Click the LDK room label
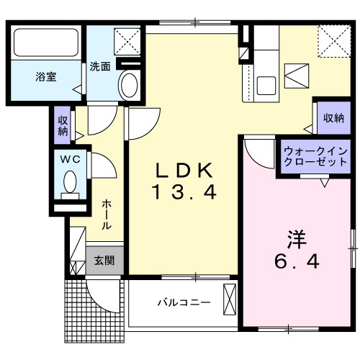coord(184,171)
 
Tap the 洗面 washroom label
coord(100,66)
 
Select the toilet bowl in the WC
coord(71,181)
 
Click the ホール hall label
coord(107,215)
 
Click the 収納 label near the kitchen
coord(333,118)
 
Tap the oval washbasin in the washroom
coord(129,86)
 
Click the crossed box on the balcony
coord(230,300)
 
